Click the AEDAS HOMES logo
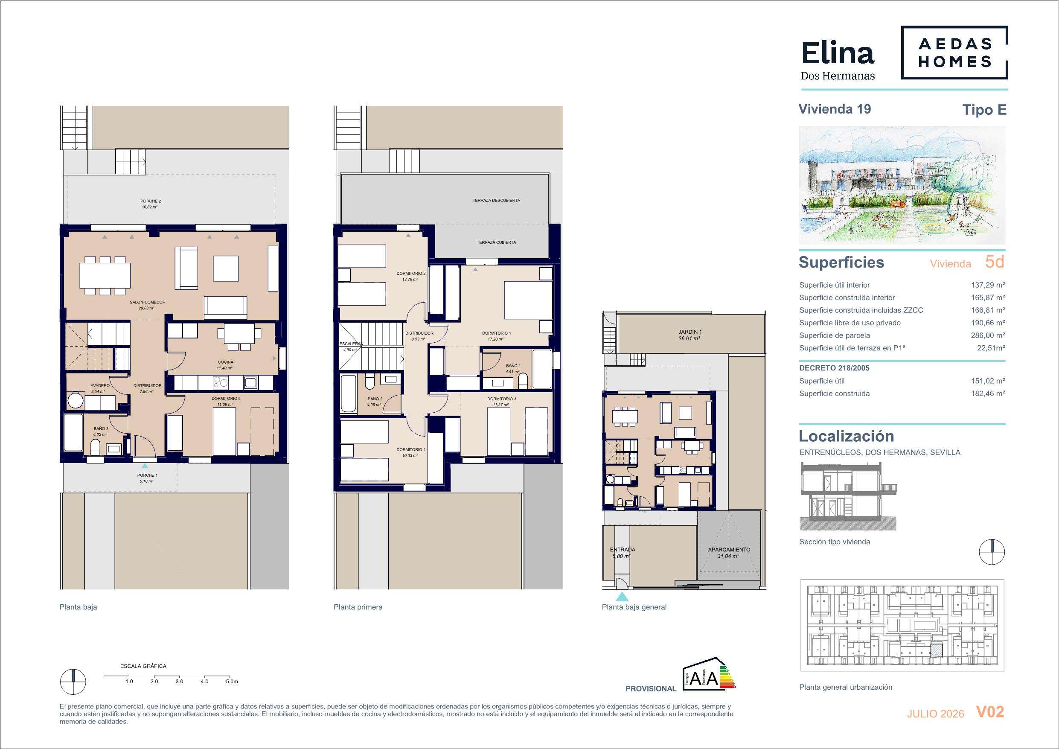(x=954, y=52)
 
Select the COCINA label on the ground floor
(x=226, y=362)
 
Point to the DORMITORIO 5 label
(x=226, y=398)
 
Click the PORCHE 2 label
(x=151, y=201)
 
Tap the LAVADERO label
(x=99, y=385)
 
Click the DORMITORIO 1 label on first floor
(x=496, y=333)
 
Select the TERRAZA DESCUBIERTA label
(x=496, y=200)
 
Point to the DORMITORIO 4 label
(x=411, y=449)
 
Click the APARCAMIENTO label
(x=729, y=550)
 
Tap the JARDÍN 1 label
(x=690, y=332)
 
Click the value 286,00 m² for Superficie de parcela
(x=987, y=335)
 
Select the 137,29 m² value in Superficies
(x=987, y=285)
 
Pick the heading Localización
(x=847, y=436)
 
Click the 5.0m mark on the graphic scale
(x=232, y=682)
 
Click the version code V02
(x=990, y=712)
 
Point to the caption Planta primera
(x=358, y=607)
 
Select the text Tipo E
(x=984, y=110)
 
